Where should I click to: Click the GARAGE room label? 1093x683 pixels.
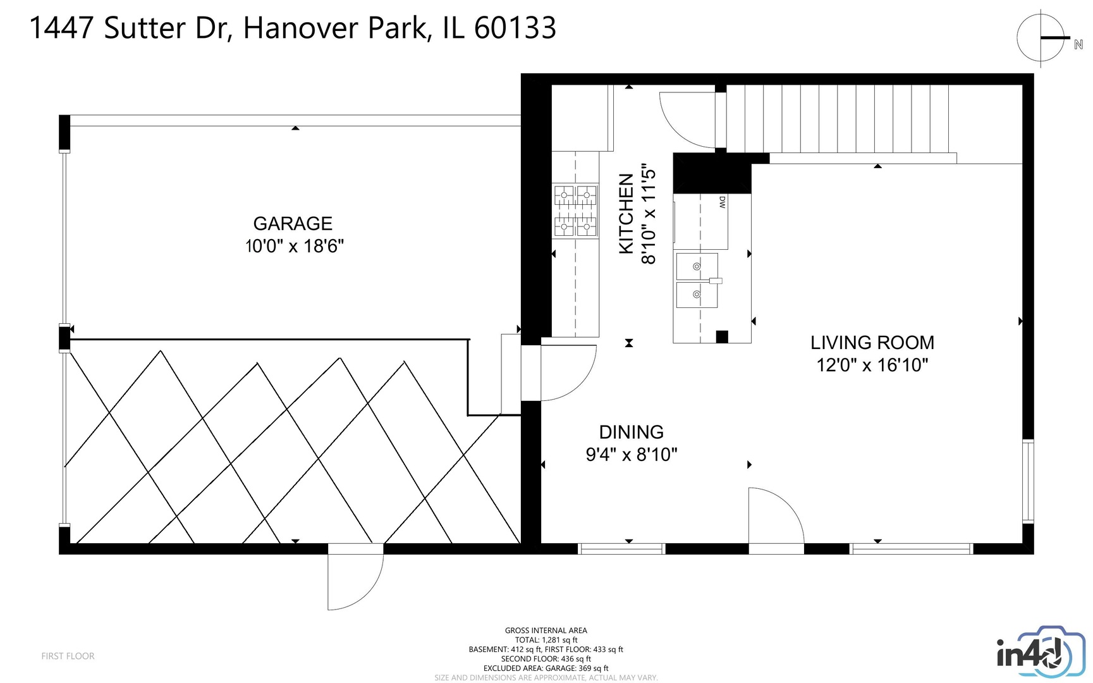click(293, 224)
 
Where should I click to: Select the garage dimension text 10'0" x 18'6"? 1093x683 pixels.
click(295, 246)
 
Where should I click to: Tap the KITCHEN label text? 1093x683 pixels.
click(626, 214)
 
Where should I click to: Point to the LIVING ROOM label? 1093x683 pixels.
click(872, 343)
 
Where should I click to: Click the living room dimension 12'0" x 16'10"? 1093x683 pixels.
click(872, 366)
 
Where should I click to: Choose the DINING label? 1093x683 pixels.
click(631, 433)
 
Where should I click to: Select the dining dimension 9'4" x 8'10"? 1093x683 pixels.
click(631, 455)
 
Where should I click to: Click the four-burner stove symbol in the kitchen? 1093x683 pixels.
click(575, 211)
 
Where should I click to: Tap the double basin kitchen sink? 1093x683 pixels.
click(697, 281)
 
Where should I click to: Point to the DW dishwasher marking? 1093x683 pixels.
click(722, 202)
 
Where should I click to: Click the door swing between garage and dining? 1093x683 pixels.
click(566, 373)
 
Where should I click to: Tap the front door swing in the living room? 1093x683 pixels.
click(775, 515)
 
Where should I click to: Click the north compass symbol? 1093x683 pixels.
click(1041, 39)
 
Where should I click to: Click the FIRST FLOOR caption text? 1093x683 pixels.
click(68, 656)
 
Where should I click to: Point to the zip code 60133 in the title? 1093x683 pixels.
click(515, 28)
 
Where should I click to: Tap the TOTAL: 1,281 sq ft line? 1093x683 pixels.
click(546, 640)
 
